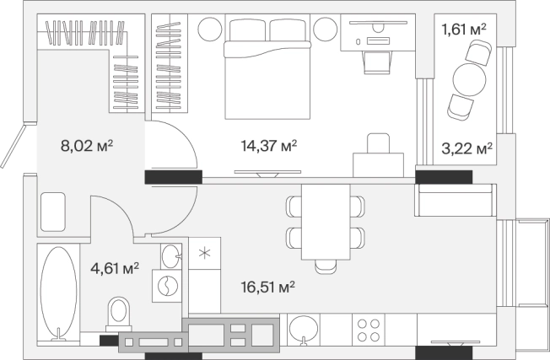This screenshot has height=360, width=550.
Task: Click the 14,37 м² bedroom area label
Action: coord(269,146)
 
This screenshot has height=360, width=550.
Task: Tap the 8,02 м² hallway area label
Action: coord(87,146)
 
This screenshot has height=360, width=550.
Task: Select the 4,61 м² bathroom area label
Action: coord(115,268)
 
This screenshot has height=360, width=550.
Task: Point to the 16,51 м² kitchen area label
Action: coord(268,287)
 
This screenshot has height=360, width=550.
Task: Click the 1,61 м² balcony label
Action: coord(464,30)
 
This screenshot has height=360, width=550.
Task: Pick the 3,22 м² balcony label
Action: coord(466,148)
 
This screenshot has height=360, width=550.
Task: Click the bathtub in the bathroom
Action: coord(58,293)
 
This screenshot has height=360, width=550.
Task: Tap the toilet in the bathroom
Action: coord(119,314)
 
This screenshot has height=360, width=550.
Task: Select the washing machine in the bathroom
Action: coord(167,286)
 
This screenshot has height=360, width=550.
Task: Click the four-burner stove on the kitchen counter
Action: coord(369,330)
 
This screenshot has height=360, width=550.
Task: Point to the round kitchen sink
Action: coord(304,329)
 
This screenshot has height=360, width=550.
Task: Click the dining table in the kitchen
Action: coord(326,223)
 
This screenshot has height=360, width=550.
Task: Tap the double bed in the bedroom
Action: coord(267,68)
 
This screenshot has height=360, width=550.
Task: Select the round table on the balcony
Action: coord(469,79)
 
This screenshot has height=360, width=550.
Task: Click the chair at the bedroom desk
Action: coord(377,62)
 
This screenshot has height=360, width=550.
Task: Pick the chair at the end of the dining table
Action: coord(326,266)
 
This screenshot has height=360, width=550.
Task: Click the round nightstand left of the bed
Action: coord(210,30)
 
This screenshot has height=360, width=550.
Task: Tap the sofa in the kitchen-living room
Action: coord(456,200)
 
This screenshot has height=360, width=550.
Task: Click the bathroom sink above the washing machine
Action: coord(171,256)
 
